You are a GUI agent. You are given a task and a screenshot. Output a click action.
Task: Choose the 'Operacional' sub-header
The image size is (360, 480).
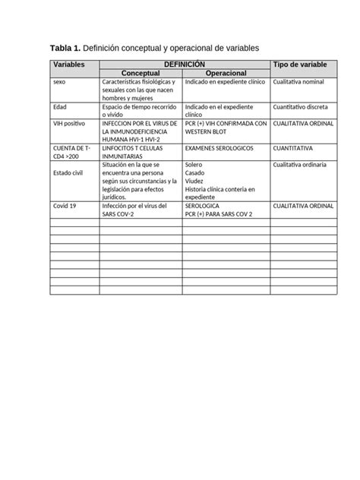coord(226,73)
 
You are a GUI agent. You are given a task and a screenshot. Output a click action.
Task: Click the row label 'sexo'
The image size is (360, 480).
coord(60,82)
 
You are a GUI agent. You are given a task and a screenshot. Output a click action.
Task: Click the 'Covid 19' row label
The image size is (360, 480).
coord(65,205)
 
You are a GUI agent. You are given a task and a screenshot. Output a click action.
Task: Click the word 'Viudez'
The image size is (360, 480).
coord(194,181)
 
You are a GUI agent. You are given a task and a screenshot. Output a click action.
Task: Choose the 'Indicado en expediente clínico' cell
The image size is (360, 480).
coord(224,82)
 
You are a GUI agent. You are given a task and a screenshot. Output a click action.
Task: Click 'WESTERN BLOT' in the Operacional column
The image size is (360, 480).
coord(206,131)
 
